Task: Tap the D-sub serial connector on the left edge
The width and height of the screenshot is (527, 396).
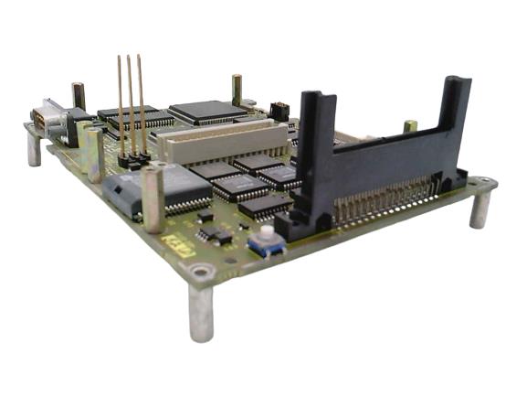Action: (x=46, y=120)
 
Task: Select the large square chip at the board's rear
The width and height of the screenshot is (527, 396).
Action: (x=207, y=112)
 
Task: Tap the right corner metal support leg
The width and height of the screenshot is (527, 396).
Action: (x=480, y=209)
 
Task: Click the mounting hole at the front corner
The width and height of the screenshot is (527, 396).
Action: (x=200, y=272)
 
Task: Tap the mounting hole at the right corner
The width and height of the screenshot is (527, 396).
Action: (x=480, y=185)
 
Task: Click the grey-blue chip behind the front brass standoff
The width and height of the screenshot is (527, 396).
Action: (x=122, y=195)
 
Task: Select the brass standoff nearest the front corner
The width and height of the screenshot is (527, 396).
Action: (x=153, y=198)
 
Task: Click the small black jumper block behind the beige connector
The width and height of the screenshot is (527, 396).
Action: (x=279, y=112)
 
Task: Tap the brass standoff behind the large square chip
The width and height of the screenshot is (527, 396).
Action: (x=237, y=90)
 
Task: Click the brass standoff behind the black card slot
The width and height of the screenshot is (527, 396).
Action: (x=411, y=126)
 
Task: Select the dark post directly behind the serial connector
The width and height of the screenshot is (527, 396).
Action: (x=79, y=96)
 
